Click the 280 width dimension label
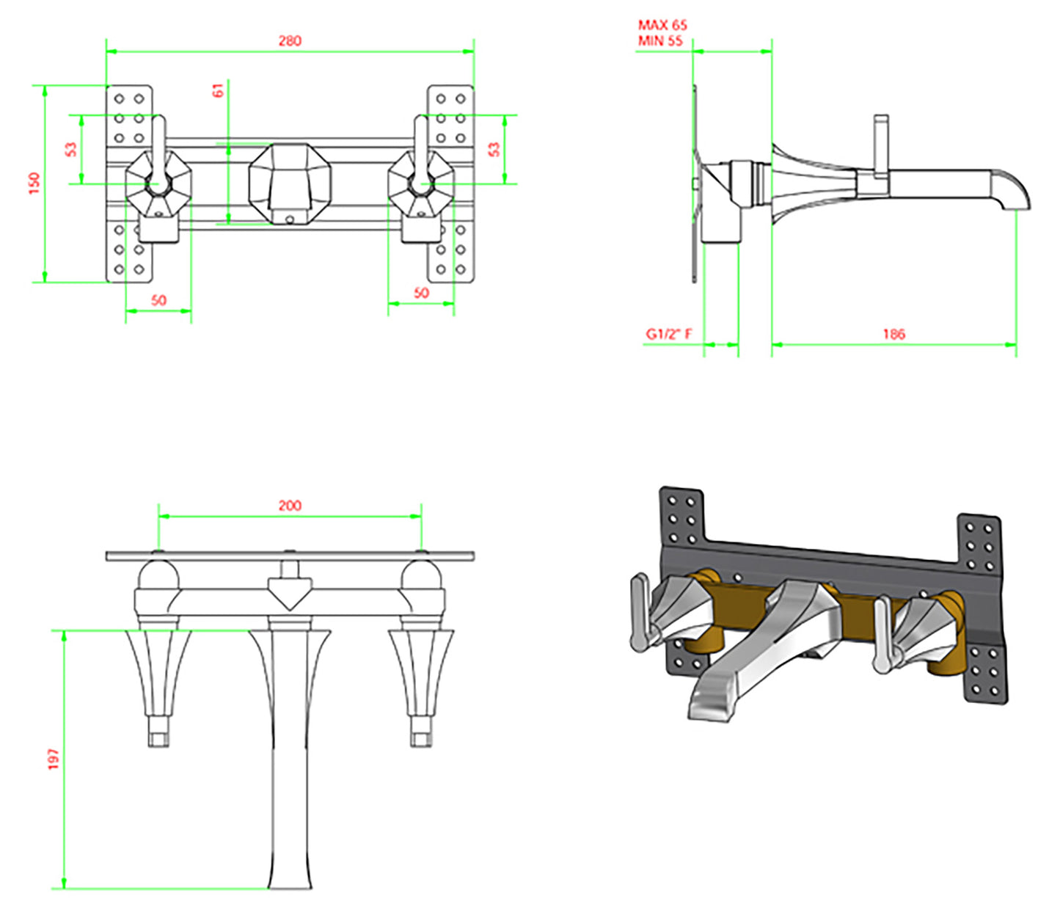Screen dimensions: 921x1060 [x=290, y=41]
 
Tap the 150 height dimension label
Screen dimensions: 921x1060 [x=34, y=183]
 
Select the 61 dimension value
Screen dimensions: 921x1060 [x=218, y=90]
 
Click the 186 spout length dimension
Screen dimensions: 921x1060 [x=893, y=334]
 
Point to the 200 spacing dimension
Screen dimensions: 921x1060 [x=290, y=505]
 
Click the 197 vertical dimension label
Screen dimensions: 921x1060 [x=54, y=759]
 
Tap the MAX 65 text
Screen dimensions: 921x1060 [x=662, y=26]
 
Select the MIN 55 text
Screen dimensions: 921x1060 [x=660, y=41]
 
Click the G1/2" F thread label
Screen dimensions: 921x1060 [x=668, y=334]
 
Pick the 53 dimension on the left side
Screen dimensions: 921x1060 [x=70, y=149]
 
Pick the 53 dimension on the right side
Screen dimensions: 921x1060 [x=494, y=149]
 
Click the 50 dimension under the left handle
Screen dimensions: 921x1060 [x=158, y=300]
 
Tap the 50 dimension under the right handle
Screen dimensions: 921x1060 [x=421, y=293]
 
